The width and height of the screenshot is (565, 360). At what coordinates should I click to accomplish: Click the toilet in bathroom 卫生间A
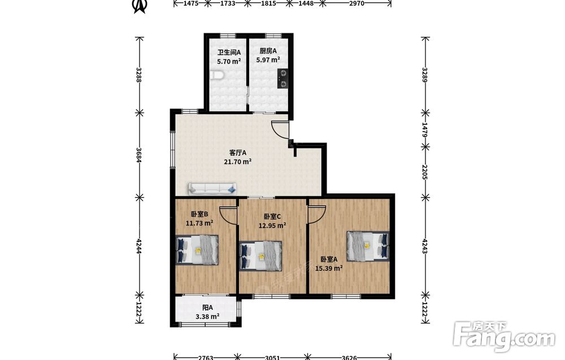[x=217, y=75]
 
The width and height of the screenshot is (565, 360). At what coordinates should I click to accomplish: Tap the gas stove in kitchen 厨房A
[x=283, y=79]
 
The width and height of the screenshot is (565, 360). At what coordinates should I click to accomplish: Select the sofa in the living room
[x=212, y=188]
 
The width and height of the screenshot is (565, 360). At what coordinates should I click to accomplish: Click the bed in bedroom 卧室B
[x=197, y=250]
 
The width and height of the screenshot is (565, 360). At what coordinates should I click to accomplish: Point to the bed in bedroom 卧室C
[x=261, y=256]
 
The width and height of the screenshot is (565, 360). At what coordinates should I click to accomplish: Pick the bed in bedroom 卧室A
[x=368, y=246]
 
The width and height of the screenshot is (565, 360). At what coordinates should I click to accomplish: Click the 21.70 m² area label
[x=238, y=162]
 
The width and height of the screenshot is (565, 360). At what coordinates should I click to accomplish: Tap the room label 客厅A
[x=238, y=153]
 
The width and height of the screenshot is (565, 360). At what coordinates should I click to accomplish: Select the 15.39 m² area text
[x=329, y=268]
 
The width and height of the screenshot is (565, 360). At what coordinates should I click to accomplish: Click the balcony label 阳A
[x=207, y=308]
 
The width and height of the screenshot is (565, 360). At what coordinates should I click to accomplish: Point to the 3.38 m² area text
[x=207, y=316]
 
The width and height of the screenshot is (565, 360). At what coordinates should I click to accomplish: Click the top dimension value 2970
[x=357, y=3]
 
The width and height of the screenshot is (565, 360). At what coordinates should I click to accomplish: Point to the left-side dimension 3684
[x=139, y=155]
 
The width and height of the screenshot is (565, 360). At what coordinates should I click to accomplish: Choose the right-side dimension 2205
[x=425, y=172]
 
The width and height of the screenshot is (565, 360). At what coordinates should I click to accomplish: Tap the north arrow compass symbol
[x=140, y=6]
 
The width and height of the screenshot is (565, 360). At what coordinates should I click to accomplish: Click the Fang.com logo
[x=504, y=336]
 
